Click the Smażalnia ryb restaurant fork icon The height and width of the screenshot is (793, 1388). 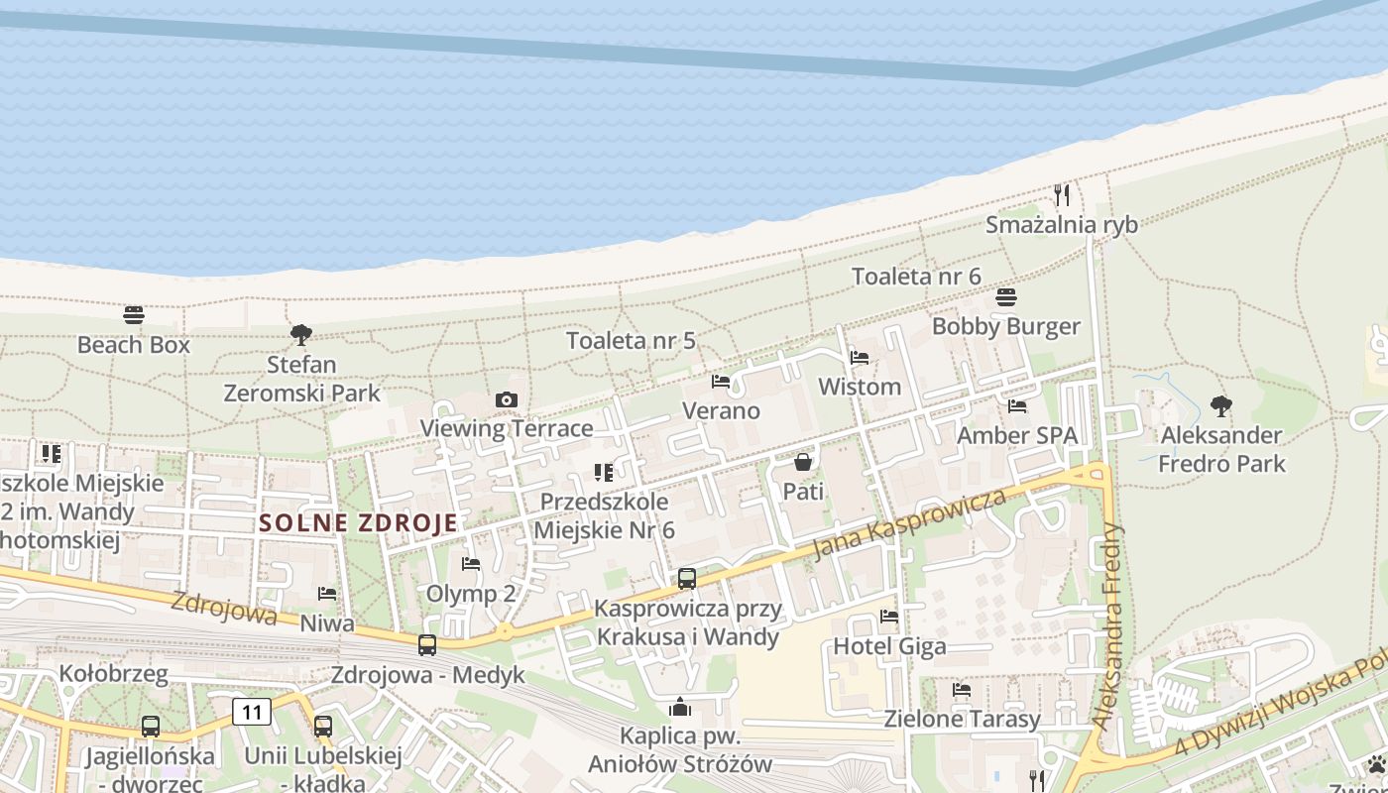click(1062, 194)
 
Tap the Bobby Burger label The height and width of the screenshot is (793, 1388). click(1005, 326)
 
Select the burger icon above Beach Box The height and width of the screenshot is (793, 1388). click(134, 315)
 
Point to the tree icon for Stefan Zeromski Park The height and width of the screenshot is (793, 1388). click(301, 335)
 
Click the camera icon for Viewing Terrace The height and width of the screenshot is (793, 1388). click(507, 399)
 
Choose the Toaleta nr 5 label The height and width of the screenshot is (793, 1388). click(631, 341)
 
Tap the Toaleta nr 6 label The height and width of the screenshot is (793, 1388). click(916, 277)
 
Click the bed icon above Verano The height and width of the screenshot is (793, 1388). click(721, 381)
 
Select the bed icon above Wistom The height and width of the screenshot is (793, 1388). click(860, 357)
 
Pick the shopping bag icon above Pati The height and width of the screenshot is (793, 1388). click(803, 462)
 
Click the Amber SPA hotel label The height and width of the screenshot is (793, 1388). click(1016, 435)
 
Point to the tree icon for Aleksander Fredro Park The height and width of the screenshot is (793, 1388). click(1221, 405)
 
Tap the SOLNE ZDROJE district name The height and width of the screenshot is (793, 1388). click(358, 523)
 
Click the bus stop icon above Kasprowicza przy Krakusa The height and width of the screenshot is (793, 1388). click(687, 579)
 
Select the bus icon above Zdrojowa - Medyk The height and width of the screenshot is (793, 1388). click(427, 645)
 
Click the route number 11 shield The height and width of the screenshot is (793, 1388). click(252, 711)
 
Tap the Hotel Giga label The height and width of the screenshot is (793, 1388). click(889, 646)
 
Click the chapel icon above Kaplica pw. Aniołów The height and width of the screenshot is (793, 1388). click(680, 707)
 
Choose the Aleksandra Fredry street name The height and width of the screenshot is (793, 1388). click(1107, 626)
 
